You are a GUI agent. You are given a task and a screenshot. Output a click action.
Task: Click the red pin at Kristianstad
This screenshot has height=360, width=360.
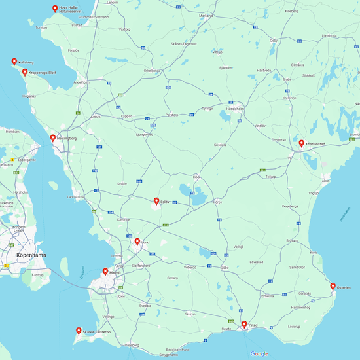click(x=301, y=143)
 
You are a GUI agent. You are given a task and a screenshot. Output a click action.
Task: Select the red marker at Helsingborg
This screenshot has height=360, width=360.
click(x=53, y=138)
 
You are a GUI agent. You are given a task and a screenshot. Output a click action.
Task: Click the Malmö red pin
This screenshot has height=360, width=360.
click(x=105, y=272)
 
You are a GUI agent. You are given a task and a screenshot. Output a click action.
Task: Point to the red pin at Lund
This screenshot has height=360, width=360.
click(x=137, y=242)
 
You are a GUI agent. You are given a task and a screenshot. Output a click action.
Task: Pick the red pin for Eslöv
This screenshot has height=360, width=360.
click(x=156, y=202)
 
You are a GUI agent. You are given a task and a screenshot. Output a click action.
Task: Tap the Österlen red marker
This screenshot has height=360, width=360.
click(x=333, y=286)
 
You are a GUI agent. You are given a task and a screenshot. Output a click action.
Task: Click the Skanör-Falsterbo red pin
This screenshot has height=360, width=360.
click(x=79, y=331)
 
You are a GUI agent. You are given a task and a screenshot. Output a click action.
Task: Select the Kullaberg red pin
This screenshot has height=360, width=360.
click(x=14, y=62)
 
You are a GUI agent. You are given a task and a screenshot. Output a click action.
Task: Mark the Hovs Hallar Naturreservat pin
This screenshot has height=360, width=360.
click(x=55, y=9)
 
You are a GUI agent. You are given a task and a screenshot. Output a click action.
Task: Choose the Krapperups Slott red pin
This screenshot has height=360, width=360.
click(x=25, y=72)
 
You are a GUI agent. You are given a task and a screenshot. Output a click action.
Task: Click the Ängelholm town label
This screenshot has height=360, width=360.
click(x=82, y=82)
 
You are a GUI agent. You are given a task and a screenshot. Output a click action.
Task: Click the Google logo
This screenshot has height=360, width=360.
click(x=259, y=354)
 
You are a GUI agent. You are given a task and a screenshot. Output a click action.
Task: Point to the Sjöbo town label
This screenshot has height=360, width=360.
click(x=225, y=268)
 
